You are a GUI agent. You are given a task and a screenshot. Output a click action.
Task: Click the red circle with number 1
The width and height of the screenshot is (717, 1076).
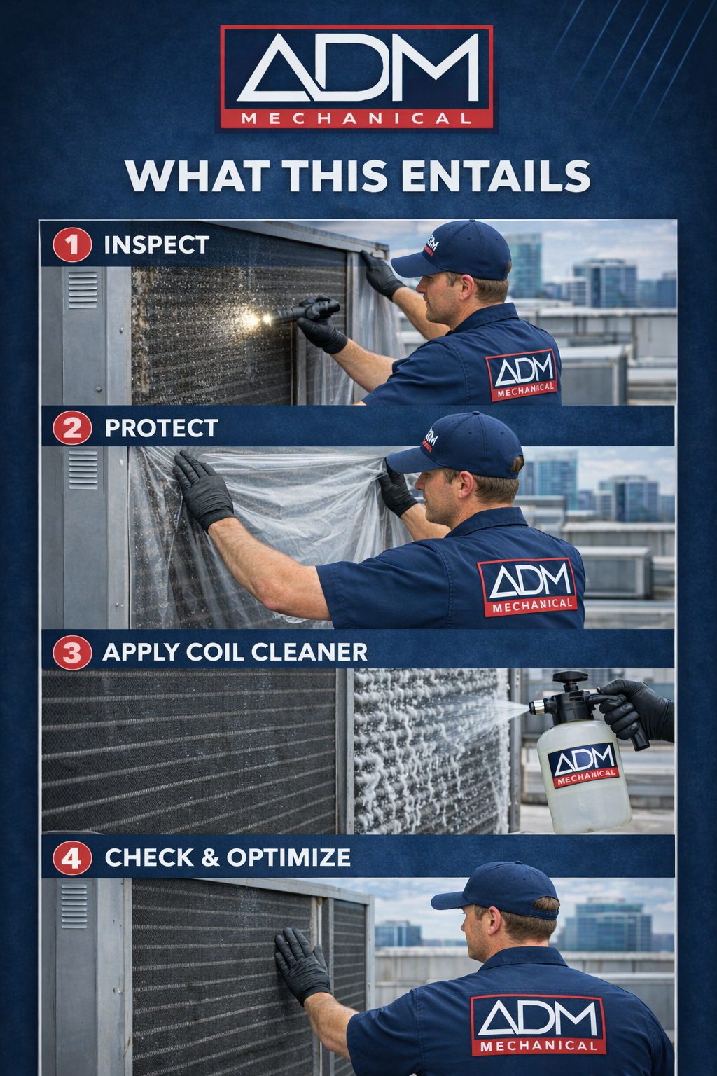[72, 245]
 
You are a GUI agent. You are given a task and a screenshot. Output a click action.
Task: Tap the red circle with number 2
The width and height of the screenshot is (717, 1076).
[72, 428]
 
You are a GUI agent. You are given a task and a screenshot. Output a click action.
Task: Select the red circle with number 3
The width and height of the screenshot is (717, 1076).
[72, 653]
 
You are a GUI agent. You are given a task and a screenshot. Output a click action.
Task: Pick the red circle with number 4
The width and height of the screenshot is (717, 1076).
[72, 858]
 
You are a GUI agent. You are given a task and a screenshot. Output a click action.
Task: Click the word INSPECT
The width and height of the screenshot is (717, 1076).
[157, 245]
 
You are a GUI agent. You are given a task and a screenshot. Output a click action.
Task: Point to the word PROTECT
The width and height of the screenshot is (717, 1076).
[161, 428]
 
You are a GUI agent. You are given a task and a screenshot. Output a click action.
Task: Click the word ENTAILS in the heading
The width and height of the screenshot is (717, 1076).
[495, 176]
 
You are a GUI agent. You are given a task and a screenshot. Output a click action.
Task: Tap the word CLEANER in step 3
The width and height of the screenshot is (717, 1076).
[309, 652]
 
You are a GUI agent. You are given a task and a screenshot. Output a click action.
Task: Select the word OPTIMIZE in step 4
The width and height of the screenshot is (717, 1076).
[288, 858]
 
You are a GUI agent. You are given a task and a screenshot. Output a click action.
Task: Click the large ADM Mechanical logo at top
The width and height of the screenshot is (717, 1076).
[357, 77]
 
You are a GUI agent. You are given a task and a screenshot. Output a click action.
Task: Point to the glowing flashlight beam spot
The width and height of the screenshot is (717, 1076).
[253, 319]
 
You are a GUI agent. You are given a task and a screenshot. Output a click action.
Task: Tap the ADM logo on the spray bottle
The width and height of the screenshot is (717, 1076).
[583, 765]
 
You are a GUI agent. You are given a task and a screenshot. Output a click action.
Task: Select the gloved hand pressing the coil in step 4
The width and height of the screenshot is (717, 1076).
[301, 965]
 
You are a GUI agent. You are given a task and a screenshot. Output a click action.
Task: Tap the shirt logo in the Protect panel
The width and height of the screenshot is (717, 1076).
[531, 587]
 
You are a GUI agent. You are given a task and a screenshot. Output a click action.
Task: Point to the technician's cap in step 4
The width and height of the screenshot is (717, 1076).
[497, 892]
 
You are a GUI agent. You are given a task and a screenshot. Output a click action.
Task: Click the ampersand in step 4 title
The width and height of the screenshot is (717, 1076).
[210, 858]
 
